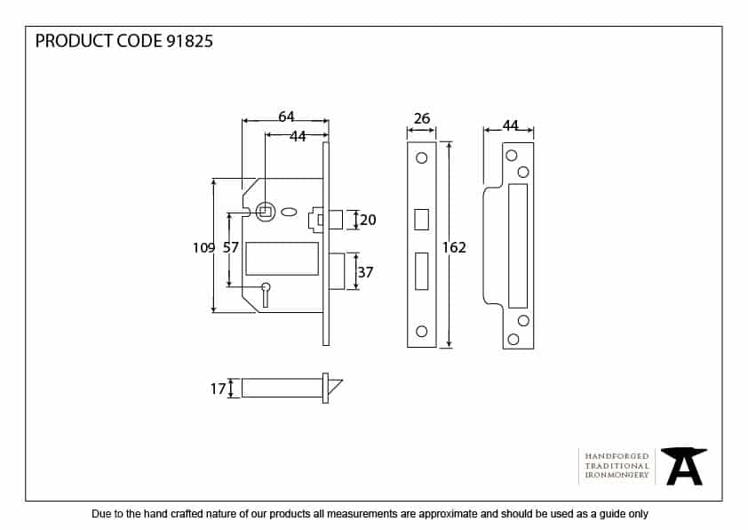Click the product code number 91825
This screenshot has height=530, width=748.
[x=189, y=41]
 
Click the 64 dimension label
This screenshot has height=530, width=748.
[x=286, y=116]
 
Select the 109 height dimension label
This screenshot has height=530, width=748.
[x=203, y=248]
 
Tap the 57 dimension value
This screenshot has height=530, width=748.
[x=230, y=248]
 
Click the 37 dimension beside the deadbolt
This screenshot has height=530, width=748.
[x=366, y=273]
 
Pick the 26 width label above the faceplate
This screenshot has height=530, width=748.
[x=421, y=117]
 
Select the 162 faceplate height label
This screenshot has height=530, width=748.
[x=454, y=247]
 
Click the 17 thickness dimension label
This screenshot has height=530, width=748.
[x=217, y=388]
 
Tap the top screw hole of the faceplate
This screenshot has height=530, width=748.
[x=421, y=158]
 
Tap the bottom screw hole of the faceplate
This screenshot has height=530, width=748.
[x=421, y=332]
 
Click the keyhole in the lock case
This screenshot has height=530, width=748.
[x=265, y=292]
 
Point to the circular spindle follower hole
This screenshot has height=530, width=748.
[x=264, y=212]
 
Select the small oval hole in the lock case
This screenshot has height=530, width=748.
[x=290, y=213]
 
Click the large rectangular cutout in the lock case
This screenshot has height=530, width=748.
[x=282, y=258]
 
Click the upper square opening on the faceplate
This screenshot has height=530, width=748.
[x=421, y=218]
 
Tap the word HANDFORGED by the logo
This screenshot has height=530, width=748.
[x=617, y=455]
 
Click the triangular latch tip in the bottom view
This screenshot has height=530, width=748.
[x=335, y=387]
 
